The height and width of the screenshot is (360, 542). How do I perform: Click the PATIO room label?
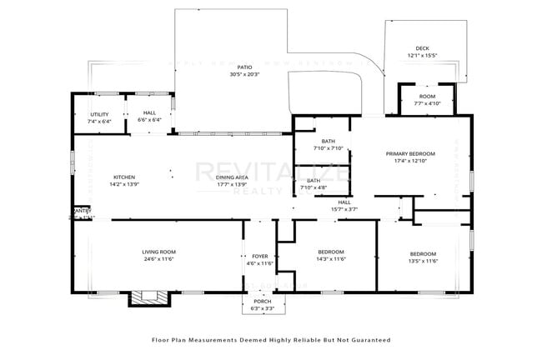[244, 67]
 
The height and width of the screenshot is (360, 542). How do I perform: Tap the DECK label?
[423, 48]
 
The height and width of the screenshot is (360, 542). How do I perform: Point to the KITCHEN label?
[124, 177]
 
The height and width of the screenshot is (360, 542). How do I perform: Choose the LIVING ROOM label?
[158, 252]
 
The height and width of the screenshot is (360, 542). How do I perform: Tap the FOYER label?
[260, 256]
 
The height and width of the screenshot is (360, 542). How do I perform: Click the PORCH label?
[263, 302]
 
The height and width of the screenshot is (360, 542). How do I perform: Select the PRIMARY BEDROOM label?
[409, 154]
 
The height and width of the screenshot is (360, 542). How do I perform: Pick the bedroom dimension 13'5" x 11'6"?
[423, 261]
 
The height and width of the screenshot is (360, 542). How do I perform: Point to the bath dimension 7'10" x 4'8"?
[314, 187]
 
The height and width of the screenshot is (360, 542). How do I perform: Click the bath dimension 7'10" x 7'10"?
[322, 149]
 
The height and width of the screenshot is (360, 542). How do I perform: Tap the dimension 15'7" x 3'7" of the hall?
[344, 209]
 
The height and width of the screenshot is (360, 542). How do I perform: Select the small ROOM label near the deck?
[427, 97]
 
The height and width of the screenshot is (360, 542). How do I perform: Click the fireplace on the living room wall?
[143, 297]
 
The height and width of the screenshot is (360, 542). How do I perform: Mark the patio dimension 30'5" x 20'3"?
[244, 75]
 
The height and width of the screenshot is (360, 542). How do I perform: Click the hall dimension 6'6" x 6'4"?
[149, 121]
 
